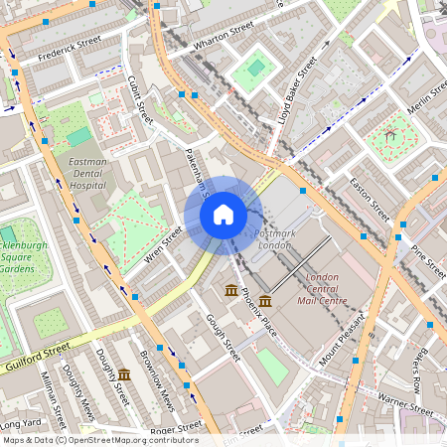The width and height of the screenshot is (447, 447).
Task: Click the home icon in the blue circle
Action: [223, 214]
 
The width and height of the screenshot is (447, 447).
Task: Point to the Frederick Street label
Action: [70, 50]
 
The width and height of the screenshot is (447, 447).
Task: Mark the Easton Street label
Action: [369, 199]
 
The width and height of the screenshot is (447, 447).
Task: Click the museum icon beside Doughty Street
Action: [124, 374]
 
